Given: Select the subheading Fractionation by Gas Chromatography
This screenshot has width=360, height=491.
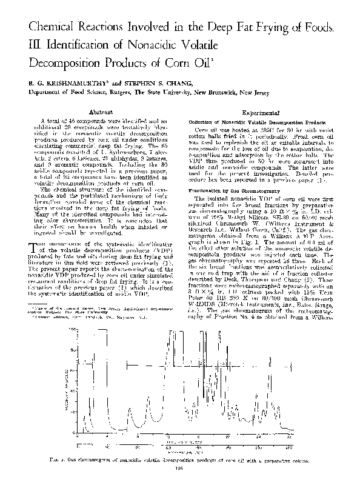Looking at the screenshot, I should [x=230, y=190].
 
